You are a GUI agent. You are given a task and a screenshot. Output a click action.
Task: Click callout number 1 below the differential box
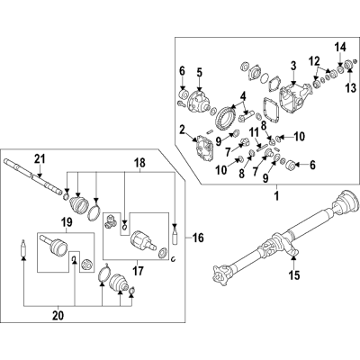(x=275, y=195)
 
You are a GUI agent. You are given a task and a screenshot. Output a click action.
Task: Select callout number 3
(x=292, y=66)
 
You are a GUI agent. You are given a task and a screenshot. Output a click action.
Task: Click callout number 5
(x=201, y=72)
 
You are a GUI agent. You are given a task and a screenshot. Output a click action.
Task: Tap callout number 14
(x=340, y=46)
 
